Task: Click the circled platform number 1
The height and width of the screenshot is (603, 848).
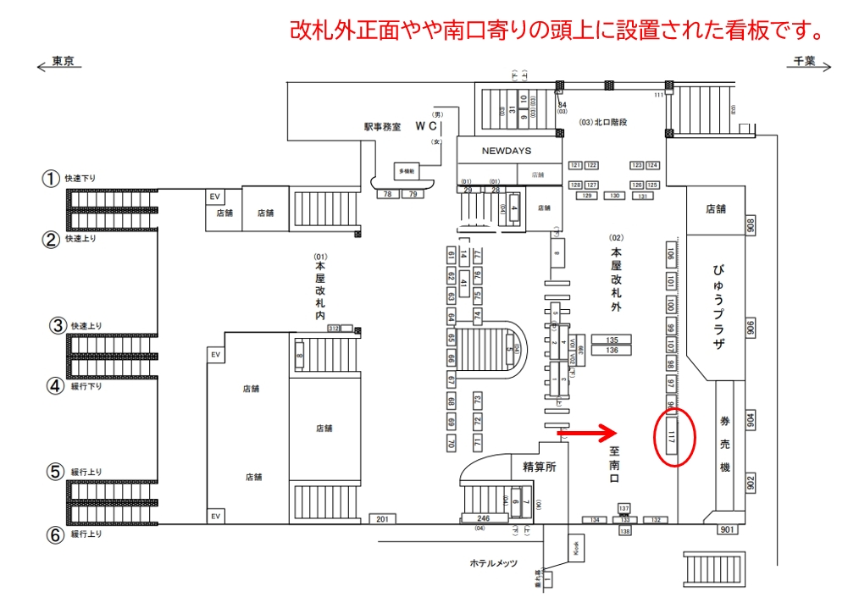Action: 52,179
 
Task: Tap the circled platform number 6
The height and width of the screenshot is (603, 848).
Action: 53,534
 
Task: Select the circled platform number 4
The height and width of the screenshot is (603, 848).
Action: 55,386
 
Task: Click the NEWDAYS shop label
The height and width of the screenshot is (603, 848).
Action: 506,151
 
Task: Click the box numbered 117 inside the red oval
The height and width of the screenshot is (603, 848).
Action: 672,436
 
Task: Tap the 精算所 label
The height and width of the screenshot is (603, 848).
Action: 539,465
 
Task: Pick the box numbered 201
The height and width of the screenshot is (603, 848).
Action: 382,518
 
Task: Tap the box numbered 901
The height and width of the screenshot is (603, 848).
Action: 728,530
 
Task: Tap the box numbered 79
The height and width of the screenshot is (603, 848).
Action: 413,195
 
